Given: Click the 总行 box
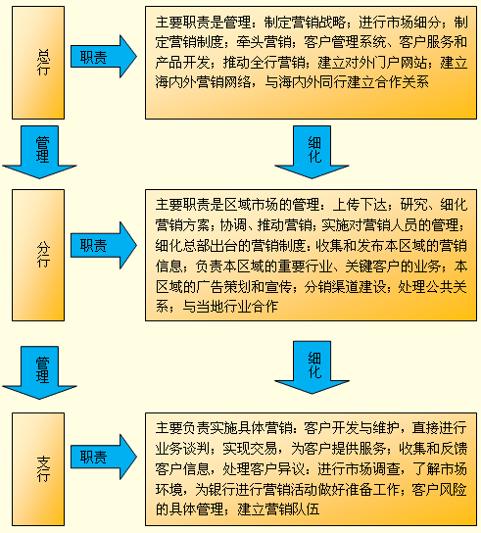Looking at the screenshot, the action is pyautogui.click(x=38, y=63).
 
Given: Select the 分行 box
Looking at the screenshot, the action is pyautogui.click(x=38, y=255).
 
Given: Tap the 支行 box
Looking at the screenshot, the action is pyautogui.click(x=38, y=469).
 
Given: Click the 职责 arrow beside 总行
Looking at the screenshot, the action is pyautogui.click(x=104, y=57).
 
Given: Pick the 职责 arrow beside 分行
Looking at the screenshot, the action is pyautogui.click(x=104, y=245).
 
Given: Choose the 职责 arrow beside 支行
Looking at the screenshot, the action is pyautogui.click(x=104, y=457).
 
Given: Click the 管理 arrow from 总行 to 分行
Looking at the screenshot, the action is pyautogui.click(x=39, y=152).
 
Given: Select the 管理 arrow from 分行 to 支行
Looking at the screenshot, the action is pyautogui.click(x=39, y=372).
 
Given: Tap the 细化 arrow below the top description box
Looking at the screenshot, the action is pyautogui.click(x=312, y=152).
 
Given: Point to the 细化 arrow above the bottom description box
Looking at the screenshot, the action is pyautogui.click(x=312, y=367).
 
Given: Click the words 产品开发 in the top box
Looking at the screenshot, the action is pyautogui.click(x=182, y=63).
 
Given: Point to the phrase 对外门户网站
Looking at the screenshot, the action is pyautogui.click(x=386, y=63).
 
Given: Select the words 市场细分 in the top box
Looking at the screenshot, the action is pyautogui.click(x=413, y=23).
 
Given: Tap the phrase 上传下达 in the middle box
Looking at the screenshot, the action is pyautogui.click(x=360, y=205).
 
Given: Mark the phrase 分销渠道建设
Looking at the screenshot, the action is pyautogui.click(x=346, y=286).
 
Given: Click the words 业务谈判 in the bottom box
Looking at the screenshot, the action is pyautogui.click(x=182, y=449).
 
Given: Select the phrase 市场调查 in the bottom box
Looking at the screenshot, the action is pyautogui.click(x=372, y=469).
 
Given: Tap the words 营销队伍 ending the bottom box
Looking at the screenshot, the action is pyautogui.click(x=292, y=509).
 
